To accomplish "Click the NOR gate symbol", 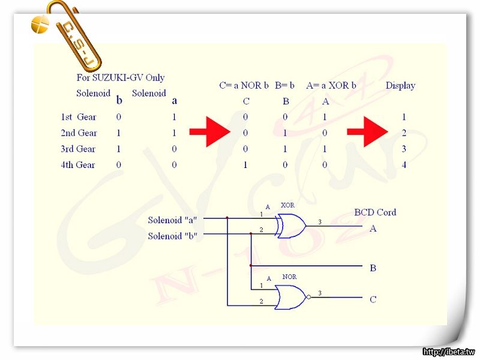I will [x=291, y=297].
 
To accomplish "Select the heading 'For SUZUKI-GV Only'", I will [x=121, y=77].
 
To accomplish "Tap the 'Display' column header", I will [x=400, y=86].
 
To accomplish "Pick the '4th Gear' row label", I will [x=78, y=165].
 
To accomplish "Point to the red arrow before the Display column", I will [x=367, y=133].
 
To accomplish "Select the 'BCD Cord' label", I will [x=375, y=212].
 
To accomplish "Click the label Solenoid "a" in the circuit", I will [x=173, y=220].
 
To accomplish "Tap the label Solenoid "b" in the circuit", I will [x=173, y=236].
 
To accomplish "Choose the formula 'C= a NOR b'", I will [x=244, y=86].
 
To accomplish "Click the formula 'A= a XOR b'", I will [x=331, y=86].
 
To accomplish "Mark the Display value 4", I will [x=404, y=165].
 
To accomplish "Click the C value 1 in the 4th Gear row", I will [x=245, y=165].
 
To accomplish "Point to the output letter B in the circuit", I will [x=373, y=268].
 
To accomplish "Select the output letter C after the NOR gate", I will [x=373, y=299].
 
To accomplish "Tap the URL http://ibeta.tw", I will [x=448, y=352].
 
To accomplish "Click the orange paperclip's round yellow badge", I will [x=40, y=24].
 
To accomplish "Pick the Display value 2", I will [x=404, y=133].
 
